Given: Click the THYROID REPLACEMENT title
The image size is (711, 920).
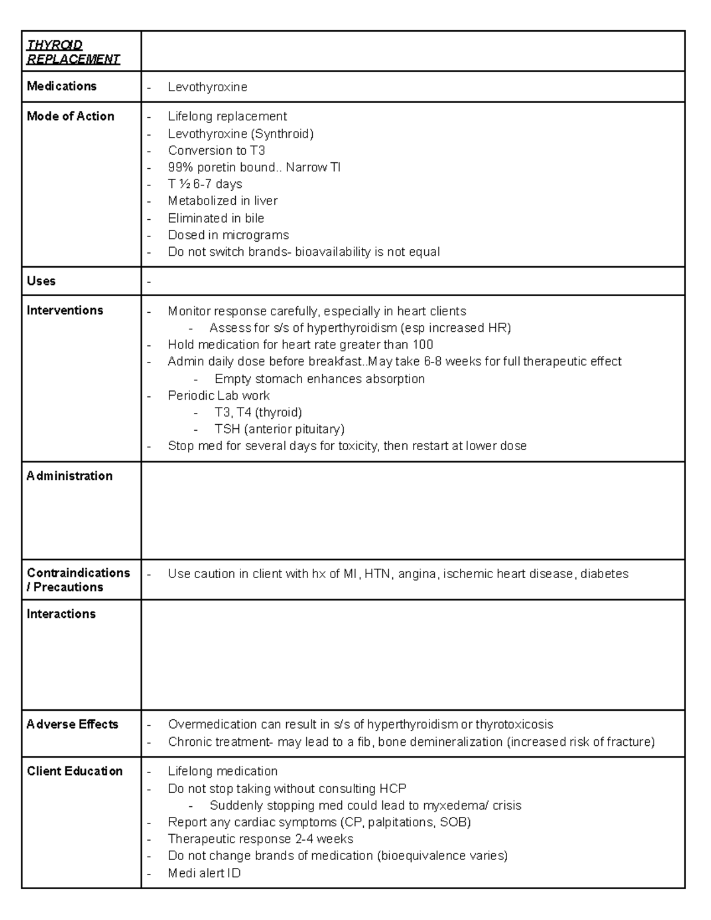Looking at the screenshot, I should tap(73, 52).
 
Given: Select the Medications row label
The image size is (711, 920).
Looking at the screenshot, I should tap(62, 86).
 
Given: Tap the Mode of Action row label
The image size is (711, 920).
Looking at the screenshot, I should tap(71, 116).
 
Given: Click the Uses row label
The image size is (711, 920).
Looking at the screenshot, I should tap(41, 281).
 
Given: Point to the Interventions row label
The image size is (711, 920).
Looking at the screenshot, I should tap(65, 310).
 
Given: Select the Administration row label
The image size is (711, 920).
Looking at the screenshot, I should tap(69, 476).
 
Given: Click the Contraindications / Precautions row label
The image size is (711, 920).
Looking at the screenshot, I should tap(78, 580).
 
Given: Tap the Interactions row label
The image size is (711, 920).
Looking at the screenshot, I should tap(61, 614).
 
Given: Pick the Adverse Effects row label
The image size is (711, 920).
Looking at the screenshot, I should tap(72, 724).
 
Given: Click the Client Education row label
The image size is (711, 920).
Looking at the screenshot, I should tap(75, 771).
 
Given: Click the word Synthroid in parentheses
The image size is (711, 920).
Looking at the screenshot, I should tap(282, 133).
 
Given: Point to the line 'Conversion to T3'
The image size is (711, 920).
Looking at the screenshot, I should tap(216, 150).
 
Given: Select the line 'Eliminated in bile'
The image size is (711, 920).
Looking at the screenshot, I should tap(216, 218).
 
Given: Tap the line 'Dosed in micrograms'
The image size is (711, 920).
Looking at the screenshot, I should tap(228, 235).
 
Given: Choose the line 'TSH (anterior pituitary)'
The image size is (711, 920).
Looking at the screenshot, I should tap(279, 429).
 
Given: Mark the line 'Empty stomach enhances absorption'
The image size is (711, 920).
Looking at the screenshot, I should tap(319, 379).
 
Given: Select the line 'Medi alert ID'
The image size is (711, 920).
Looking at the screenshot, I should tap(204, 873).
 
